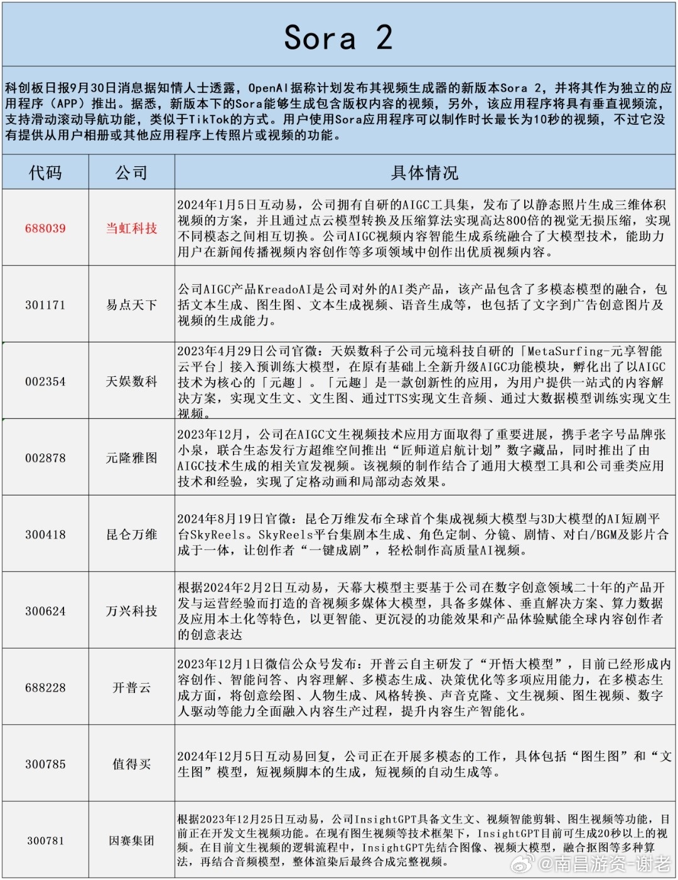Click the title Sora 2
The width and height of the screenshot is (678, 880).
tap(338, 38)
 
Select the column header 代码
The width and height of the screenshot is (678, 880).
tap(45, 172)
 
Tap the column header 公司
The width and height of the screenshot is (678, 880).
tap(131, 172)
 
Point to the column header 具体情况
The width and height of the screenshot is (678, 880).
tap(424, 172)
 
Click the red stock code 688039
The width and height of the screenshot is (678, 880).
tap(45, 228)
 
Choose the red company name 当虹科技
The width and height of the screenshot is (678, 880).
tap(131, 228)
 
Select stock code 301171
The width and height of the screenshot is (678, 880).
tap(45, 305)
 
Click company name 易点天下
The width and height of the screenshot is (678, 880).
tap(131, 305)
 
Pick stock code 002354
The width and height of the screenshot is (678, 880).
tap(45, 381)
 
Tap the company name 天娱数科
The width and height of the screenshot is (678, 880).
tap(131, 381)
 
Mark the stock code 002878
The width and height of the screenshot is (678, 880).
tap(45, 458)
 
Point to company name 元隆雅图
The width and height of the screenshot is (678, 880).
tap(131, 458)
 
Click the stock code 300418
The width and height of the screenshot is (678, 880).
tap(45, 534)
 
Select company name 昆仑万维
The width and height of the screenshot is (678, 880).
tap(131, 534)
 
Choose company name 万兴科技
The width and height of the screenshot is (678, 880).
tap(131, 611)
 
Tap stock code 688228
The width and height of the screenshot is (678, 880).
tap(45, 687)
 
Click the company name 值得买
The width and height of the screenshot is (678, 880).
tap(131, 764)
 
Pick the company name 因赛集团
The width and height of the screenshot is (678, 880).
tap(131, 840)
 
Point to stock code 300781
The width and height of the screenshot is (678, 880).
tap(45, 840)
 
